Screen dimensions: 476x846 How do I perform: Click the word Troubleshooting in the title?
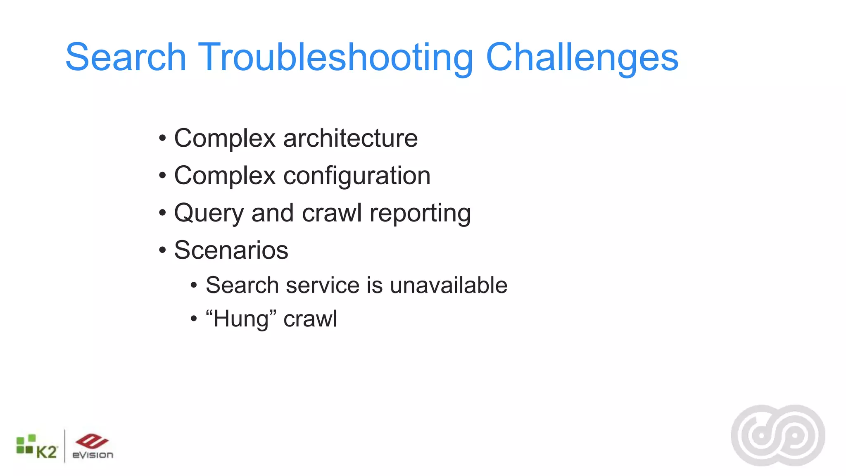point(335,58)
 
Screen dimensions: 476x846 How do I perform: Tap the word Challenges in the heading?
point(582,58)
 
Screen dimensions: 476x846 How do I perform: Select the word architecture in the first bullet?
point(350,138)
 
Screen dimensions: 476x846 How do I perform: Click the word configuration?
point(357,176)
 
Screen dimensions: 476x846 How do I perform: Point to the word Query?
point(209,213)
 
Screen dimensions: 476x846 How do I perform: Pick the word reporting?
point(420,213)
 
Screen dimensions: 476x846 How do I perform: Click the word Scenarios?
point(231,250)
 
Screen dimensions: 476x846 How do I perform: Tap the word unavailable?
point(449,285)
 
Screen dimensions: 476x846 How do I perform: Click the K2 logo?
point(37,447)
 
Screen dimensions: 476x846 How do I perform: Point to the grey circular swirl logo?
point(778,436)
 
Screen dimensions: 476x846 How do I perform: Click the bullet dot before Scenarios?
point(162,250)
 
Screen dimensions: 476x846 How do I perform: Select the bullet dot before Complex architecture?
point(162,138)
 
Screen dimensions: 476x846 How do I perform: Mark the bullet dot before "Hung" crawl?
point(194,319)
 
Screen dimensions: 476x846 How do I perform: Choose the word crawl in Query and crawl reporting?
point(332,213)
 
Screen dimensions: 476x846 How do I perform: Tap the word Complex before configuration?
point(225,176)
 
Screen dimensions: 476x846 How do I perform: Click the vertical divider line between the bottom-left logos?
point(65,446)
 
